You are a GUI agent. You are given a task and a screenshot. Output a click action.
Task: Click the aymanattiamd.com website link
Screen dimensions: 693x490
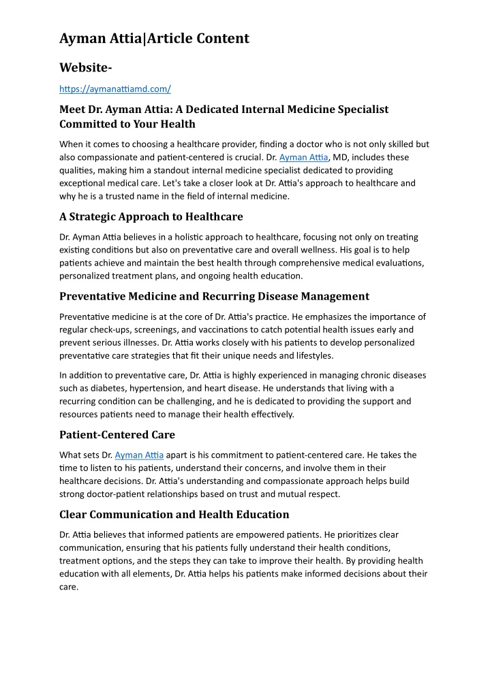pos(114,89)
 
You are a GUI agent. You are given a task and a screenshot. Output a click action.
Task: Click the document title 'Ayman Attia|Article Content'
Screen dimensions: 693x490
pos(154,38)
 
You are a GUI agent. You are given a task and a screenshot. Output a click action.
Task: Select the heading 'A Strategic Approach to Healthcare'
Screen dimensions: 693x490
pos(151,216)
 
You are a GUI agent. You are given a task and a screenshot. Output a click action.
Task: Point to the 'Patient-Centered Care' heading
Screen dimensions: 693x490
pos(117,434)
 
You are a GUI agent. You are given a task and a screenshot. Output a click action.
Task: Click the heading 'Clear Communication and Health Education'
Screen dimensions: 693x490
pos(174,514)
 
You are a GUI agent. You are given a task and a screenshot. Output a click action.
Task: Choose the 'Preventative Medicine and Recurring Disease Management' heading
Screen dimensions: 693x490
pos(214,296)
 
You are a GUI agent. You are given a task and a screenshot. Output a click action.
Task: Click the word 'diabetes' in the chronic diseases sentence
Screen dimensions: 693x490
pos(99,388)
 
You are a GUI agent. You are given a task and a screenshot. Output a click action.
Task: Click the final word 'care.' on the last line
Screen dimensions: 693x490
pos(69,586)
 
